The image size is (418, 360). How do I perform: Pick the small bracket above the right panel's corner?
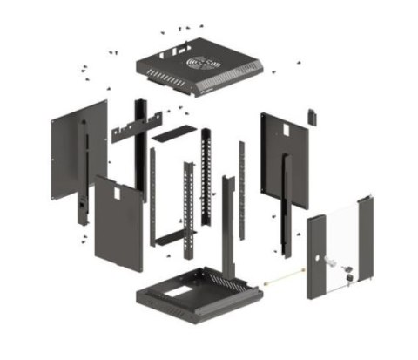tap(311, 115)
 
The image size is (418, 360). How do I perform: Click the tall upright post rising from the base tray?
tap(227, 227)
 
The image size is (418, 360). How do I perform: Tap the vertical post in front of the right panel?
tap(287, 205)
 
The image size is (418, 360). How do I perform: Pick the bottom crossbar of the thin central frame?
tap(170, 237)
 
